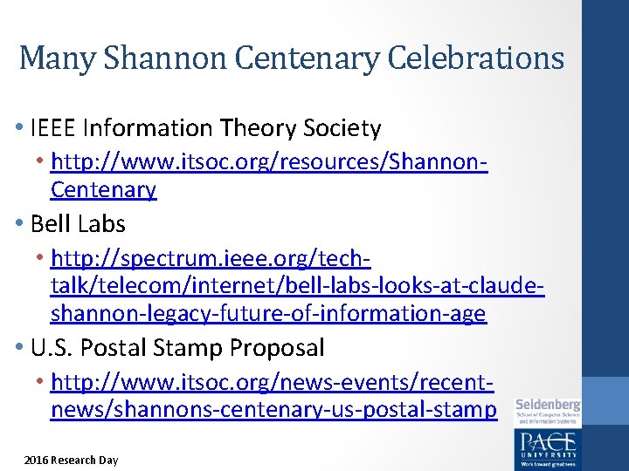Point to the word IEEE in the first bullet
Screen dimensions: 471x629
coord(52,129)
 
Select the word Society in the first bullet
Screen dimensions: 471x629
coord(342,129)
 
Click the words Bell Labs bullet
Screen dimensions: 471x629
coord(78,224)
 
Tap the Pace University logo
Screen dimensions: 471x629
coord(547,447)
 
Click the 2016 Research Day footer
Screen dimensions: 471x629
coord(71,460)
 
